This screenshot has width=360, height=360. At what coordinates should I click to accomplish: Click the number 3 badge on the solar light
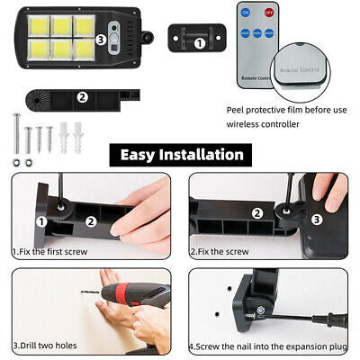click(101, 40)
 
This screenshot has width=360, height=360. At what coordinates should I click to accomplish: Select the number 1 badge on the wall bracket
click(200, 41)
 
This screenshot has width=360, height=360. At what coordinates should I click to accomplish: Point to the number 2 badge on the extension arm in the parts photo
click(82, 97)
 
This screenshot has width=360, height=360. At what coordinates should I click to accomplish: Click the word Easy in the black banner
click(145, 155)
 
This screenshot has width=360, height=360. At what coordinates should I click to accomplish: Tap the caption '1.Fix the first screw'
click(49, 253)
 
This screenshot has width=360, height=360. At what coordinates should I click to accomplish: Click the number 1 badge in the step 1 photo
click(41, 220)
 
